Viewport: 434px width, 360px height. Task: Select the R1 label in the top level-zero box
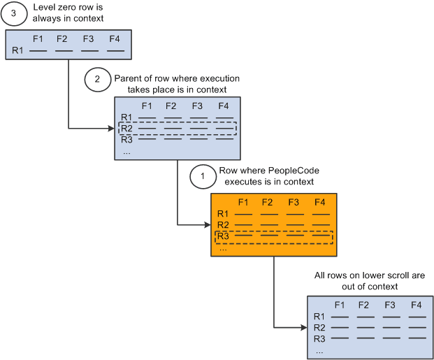18,51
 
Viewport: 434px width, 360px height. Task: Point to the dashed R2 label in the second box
126,128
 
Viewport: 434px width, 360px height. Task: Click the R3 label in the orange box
223,236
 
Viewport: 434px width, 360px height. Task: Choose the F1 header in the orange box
244,202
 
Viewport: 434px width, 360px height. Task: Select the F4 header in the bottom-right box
416,305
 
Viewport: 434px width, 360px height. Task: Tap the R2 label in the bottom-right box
319,327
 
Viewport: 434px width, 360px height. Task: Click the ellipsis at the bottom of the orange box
223,248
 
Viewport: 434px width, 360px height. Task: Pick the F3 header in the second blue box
198,106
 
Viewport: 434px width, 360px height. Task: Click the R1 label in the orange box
223,213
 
